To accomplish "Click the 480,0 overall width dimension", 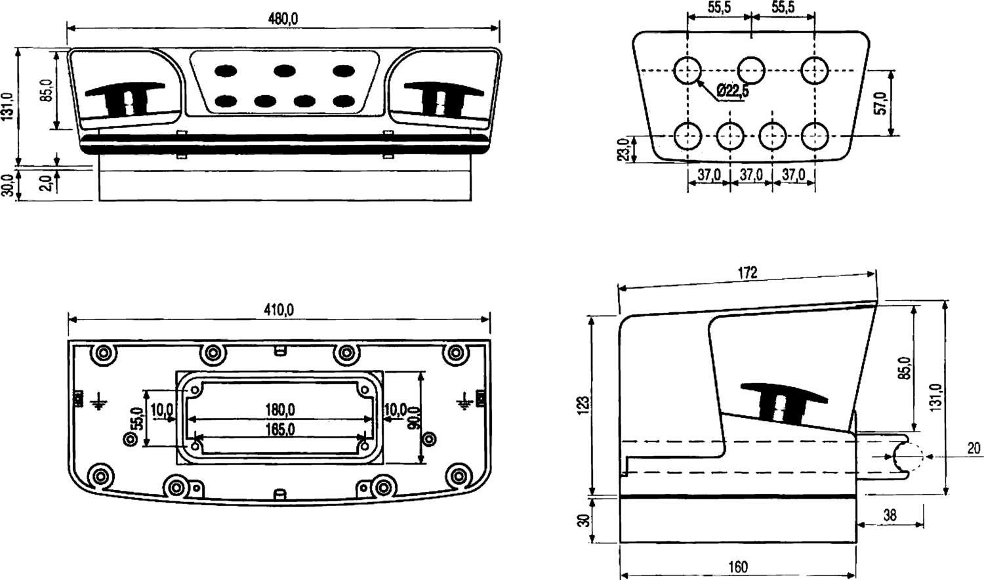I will click(x=283, y=19).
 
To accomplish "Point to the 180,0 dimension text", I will click(x=279, y=410).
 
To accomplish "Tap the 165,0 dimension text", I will click(x=279, y=430).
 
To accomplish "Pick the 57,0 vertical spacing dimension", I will click(x=881, y=103).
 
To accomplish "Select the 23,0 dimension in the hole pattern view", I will click(x=625, y=149).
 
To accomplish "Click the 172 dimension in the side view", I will click(x=747, y=272).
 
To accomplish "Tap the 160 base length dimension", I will click(x=738, y=566).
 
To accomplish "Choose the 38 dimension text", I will click(x=890, y=515).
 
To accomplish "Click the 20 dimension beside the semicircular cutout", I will click(x=974, y=448).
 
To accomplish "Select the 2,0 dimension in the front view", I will click(x=47, y=182).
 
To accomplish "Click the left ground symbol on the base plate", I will click(x=98, y=401).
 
